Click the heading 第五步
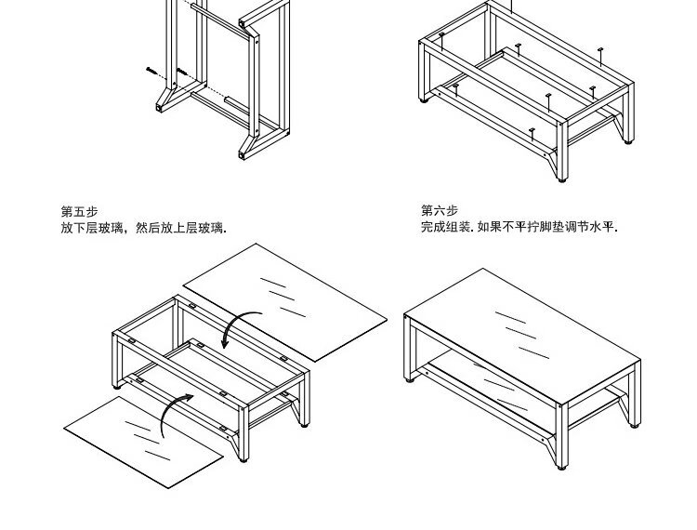pyautogui.click(x=79, y=211)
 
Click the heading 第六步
pyautogui.click(x=440, y=210)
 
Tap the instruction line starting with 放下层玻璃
pyautogui.click(x=144, y=227)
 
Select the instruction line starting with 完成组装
pyautogui.click(x=519, y=226)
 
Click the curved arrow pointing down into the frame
pyautogui.click(x=240, y=326)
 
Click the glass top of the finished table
pyautogui.click(x=520, y=335)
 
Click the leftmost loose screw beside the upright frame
pyautogui.click(x=151, y=68)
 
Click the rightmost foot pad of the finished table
pyautogui.click(x=636, y=425)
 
